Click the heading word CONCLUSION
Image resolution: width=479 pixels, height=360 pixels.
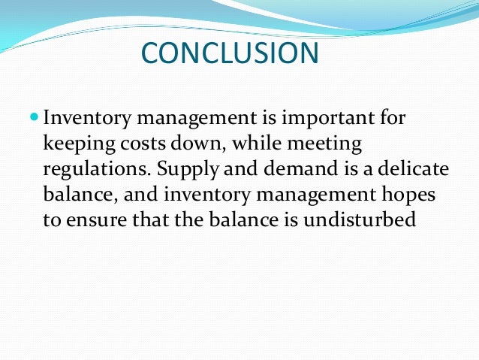pos(230,53)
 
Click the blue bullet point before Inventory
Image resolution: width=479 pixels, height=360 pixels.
pos(35,117)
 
